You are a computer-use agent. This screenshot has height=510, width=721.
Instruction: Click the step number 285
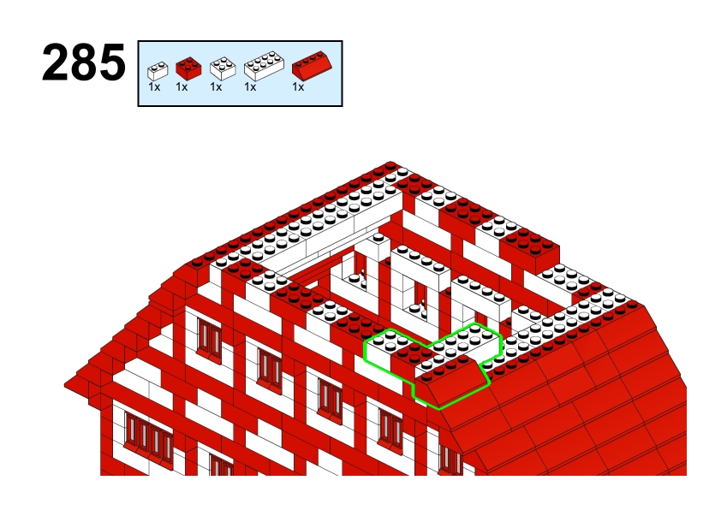point(84,62)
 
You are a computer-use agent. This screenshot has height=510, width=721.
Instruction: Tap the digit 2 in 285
point(55,62)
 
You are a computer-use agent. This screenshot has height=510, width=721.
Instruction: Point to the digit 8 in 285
point(84,62)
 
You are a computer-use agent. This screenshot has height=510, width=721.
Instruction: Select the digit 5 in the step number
point(112,63)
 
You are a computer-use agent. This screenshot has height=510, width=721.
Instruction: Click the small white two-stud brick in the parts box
point(158,71)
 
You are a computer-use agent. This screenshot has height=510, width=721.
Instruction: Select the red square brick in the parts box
point(188,68)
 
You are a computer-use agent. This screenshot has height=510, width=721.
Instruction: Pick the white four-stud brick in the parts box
point(223,68)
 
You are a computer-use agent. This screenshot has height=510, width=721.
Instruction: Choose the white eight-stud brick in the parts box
point(264,66)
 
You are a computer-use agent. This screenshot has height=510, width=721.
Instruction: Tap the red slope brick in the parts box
point(312,66)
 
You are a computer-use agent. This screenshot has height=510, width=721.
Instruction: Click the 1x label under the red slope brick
point(298,86)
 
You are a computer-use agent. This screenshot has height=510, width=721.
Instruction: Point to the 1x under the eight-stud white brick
point(250,86)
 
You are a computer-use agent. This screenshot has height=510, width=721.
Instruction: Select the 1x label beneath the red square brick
point(182,86)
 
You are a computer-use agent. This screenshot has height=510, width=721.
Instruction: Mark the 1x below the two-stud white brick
point(154,86)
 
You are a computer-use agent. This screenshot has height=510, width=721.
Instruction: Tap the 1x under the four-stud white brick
point(216,86)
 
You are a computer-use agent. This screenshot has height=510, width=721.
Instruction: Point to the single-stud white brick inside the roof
point(378,246)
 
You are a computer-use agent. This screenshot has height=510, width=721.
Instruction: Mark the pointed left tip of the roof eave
point(64,384)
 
